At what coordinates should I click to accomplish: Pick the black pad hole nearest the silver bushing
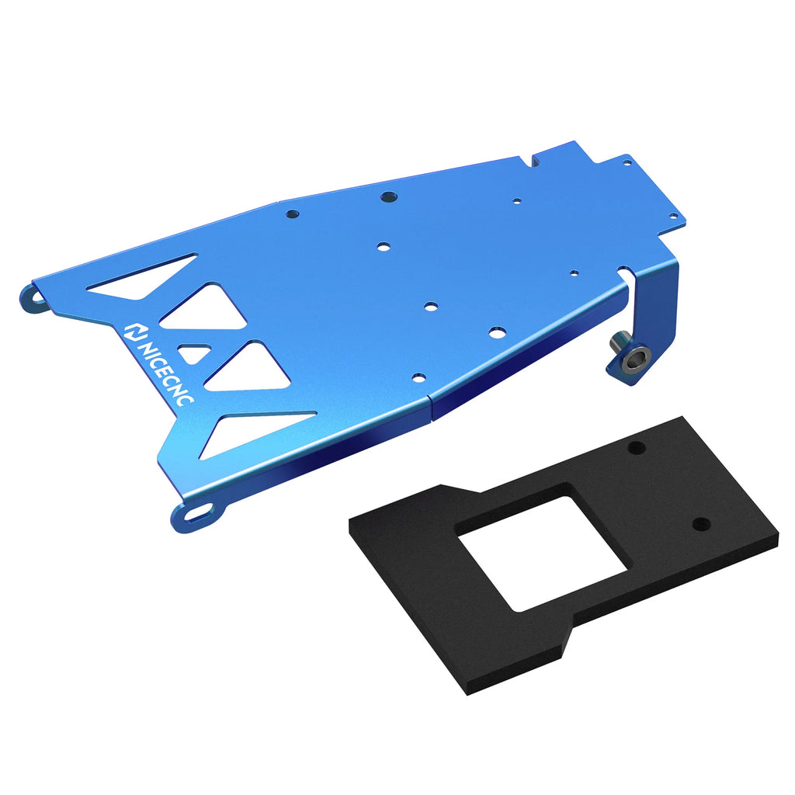pos(637,448)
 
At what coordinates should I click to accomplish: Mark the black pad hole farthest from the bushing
pos(701,523)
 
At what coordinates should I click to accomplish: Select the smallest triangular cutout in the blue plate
pos(194,354)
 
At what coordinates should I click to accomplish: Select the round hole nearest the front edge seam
pos(419,378)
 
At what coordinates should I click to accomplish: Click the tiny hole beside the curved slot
pos(574,273)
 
